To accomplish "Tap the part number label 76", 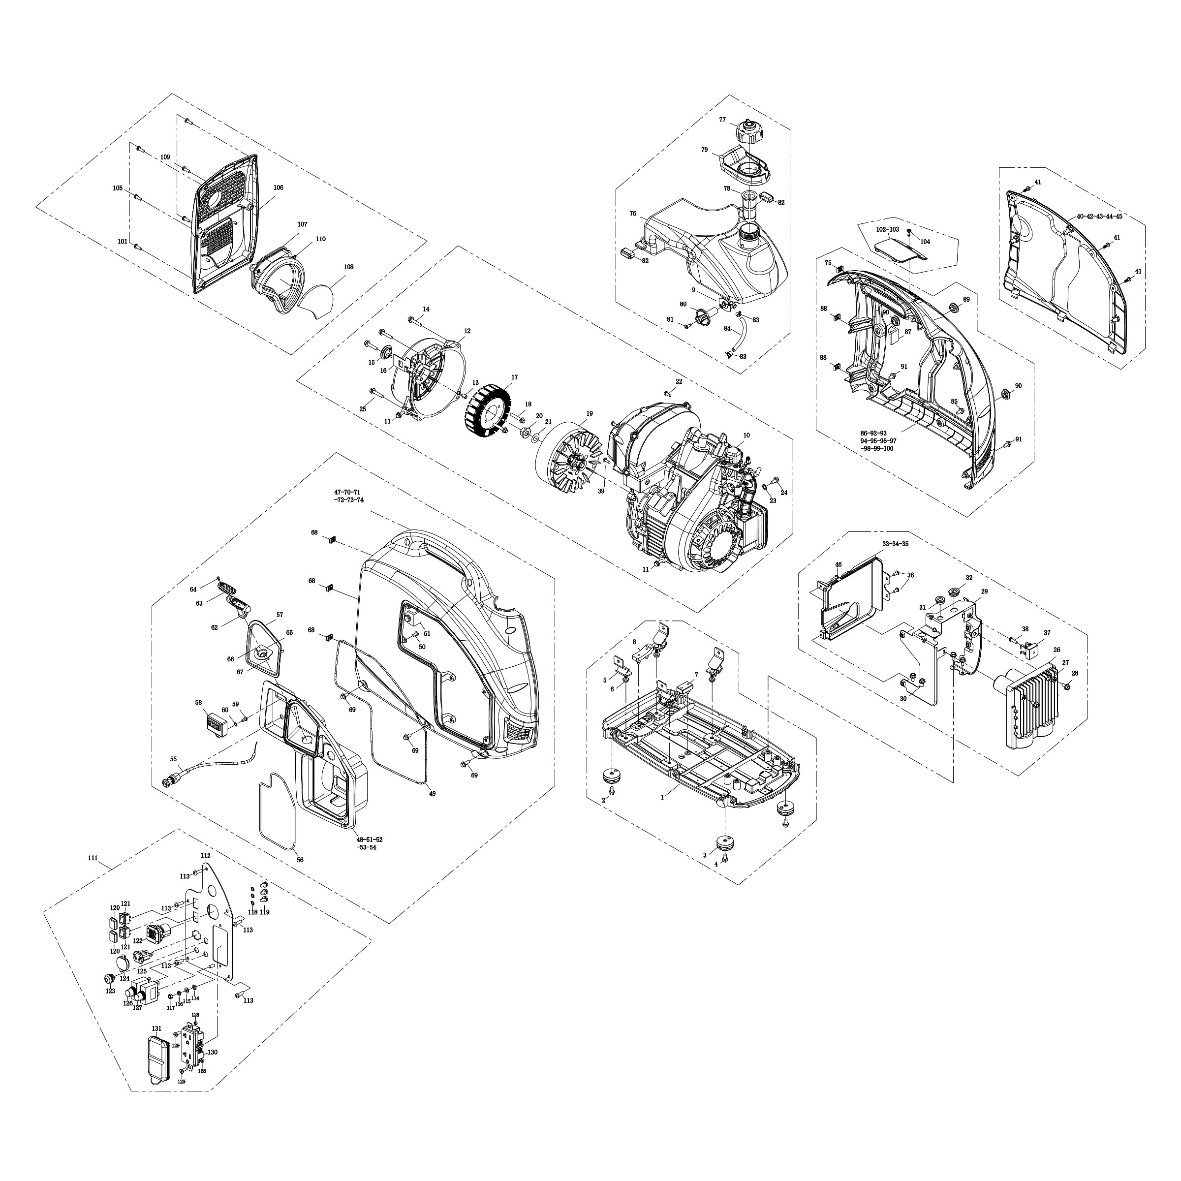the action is tap(633, 214).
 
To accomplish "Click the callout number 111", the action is tap(93, 858).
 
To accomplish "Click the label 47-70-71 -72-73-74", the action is tap(348, 496).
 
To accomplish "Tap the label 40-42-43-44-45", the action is tap(1099, 217).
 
